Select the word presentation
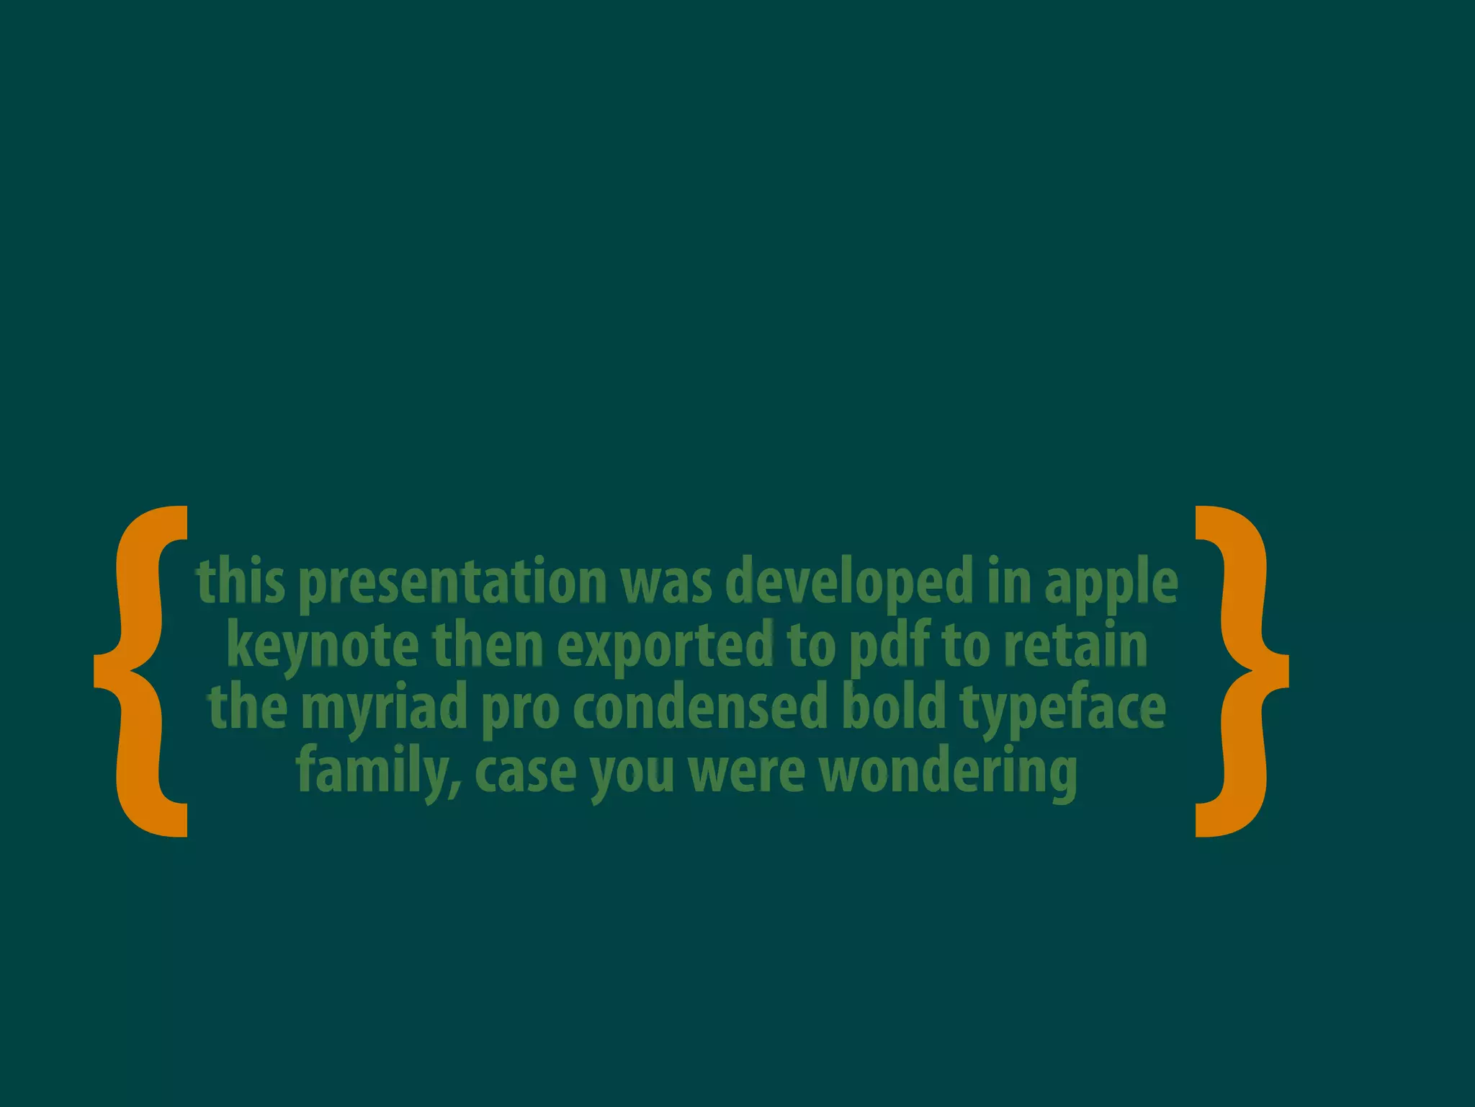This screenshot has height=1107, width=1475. (452, 582)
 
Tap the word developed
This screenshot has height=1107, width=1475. (849, 582)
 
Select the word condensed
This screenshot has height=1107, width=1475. (700, 708)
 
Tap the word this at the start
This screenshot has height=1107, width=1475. (241, 582)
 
